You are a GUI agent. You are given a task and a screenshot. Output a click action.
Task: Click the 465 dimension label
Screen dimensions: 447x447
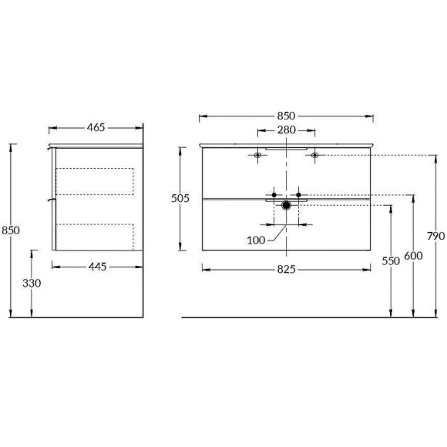point(96,127)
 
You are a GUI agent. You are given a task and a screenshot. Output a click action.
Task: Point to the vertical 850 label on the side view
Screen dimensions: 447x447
point(11,230)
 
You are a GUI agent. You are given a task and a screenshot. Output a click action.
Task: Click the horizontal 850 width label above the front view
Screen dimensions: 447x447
point(286,116)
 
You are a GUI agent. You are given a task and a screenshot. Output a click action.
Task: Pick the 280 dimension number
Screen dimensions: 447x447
point(286,131)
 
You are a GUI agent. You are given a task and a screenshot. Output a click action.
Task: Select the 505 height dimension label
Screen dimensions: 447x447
point(180,198)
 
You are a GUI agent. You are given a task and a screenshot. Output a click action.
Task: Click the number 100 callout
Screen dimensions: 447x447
point(256,240)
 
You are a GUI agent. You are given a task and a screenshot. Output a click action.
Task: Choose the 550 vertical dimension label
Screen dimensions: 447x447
point(392,260)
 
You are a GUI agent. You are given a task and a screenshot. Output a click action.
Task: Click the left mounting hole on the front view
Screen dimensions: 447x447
point(258,156)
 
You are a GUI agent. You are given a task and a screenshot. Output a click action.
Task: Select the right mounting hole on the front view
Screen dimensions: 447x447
point(314,156)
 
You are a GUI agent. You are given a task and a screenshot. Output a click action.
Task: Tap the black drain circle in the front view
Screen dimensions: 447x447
point(286,205)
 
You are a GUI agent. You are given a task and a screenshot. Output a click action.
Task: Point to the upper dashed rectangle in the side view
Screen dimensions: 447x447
point(96,181)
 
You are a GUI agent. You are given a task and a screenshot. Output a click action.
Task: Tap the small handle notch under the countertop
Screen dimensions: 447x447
point(286,148)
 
